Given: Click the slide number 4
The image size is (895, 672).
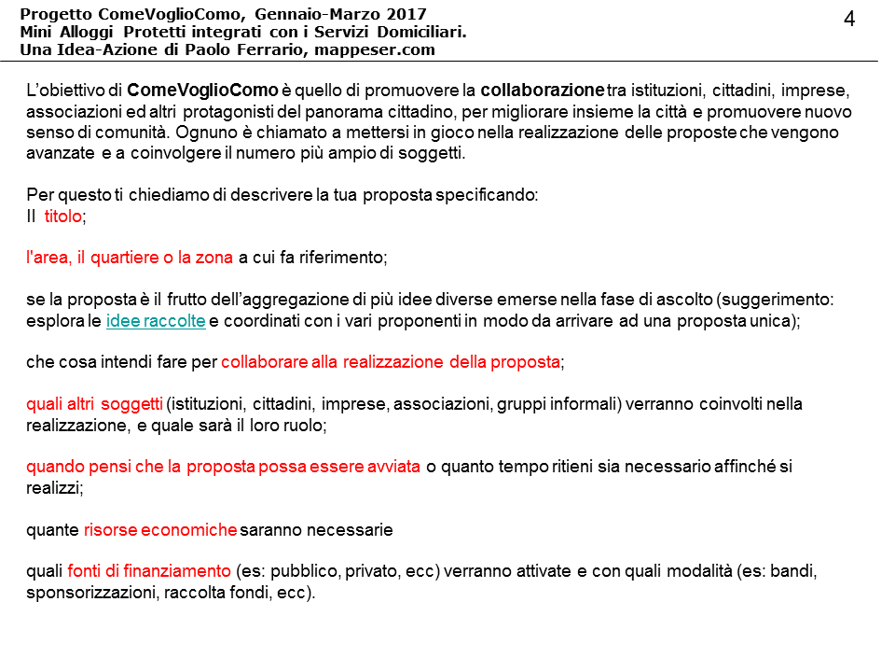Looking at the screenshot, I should coord(849,19).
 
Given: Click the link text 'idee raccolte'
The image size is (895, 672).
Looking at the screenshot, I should coord(157,320).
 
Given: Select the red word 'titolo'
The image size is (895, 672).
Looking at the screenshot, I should coord(63,216).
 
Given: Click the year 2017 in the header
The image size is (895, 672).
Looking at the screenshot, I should coord(407,14).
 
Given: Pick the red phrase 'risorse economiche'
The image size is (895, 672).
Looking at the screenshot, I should coord(160,530).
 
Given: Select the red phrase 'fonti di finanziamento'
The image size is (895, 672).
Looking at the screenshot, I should coord(149,571).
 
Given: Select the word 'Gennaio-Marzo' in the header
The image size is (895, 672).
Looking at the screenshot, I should coord(309,14).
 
